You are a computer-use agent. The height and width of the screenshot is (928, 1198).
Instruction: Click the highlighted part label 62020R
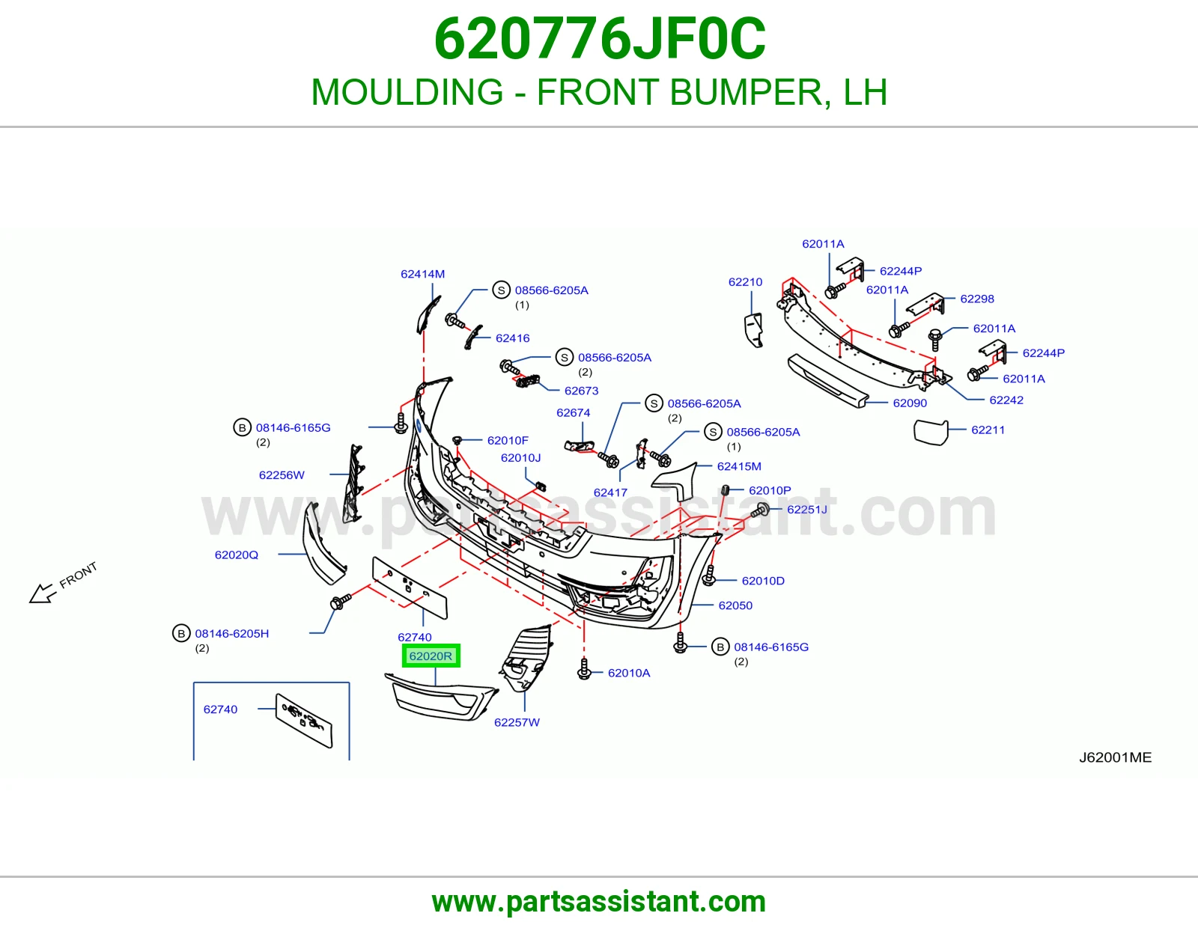click(431, 656)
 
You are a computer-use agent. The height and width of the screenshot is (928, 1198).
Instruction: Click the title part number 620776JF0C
click(600, 39)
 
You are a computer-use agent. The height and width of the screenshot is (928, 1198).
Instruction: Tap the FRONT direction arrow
click(43, 593)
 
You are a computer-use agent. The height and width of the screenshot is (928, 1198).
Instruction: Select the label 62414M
click(422, 274)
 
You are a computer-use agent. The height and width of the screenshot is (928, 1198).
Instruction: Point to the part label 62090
click(910, 403)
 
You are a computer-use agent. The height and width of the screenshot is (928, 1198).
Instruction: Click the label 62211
click(988, 430)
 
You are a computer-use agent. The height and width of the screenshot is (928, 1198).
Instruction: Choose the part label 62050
click(735, 605)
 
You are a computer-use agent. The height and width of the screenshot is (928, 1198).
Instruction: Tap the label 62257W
click(517, 722)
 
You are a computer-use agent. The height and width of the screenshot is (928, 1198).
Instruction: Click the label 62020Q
click(237, 555)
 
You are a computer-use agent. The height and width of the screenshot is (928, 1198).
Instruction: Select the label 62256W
click(282, 475)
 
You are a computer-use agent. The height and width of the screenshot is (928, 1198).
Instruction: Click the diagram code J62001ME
click(1116, 757)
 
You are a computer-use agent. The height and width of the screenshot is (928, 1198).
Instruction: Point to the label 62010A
click(629, 673)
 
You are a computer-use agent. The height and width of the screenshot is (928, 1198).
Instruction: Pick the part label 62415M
click(739, 466)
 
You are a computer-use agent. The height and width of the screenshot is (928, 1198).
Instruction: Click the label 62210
click(745, 281)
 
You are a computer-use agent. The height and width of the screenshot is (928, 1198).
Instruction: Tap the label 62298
click(977, 299)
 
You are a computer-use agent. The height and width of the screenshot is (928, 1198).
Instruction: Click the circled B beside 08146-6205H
click(181, 634)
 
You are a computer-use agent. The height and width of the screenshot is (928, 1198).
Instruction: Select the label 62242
click(1006, 400)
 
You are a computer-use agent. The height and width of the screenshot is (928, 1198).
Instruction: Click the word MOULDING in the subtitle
click(407, 92)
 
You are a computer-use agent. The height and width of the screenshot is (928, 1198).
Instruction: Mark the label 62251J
click(807, 509)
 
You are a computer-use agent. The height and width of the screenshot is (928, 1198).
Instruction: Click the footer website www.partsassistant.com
click(599, 902)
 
